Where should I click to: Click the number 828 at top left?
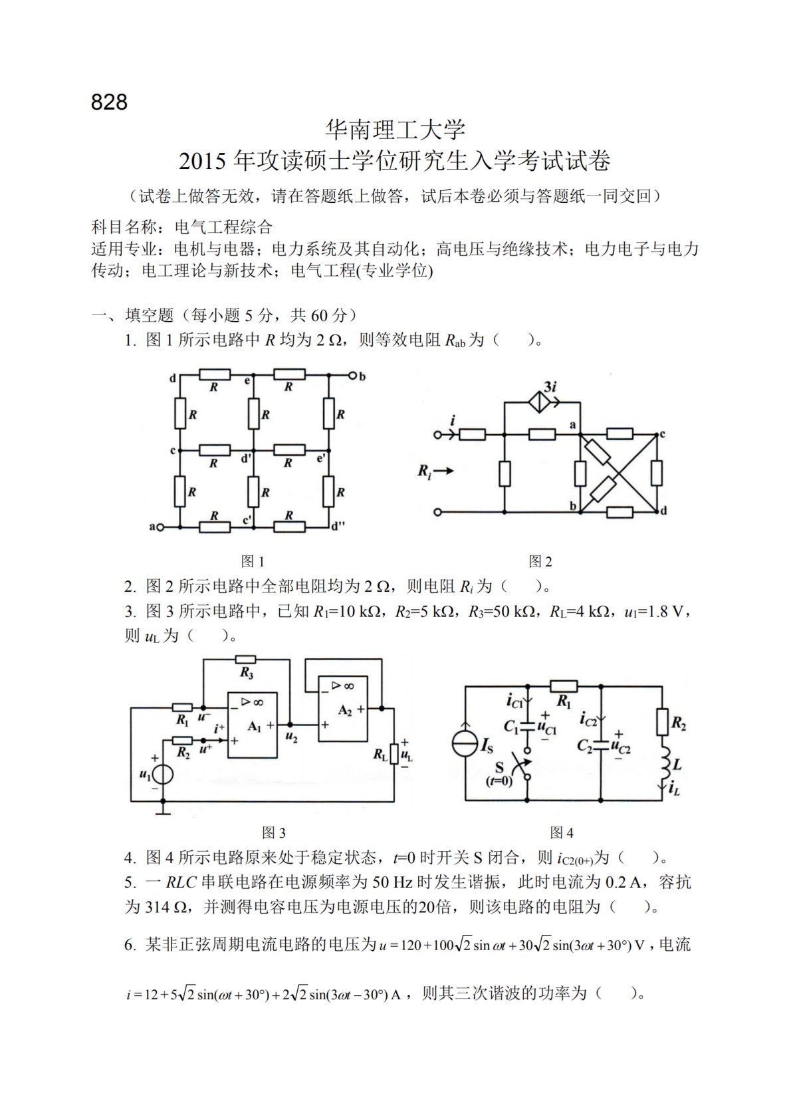[109, 102]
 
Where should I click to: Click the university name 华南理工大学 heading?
[395, 130]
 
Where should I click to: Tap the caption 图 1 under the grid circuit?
[253, 562]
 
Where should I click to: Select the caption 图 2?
[540, 562]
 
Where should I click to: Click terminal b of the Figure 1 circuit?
[353, 376]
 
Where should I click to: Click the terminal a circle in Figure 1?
[160, 527]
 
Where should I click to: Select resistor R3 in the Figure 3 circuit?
[246, 660]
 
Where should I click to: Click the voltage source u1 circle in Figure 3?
[164, 775]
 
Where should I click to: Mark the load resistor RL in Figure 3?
[394, 754]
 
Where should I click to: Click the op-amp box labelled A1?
[253, 725]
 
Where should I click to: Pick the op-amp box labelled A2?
[343, 709]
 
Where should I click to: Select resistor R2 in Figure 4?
[662, 722]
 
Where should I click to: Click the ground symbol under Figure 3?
[164, 810]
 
